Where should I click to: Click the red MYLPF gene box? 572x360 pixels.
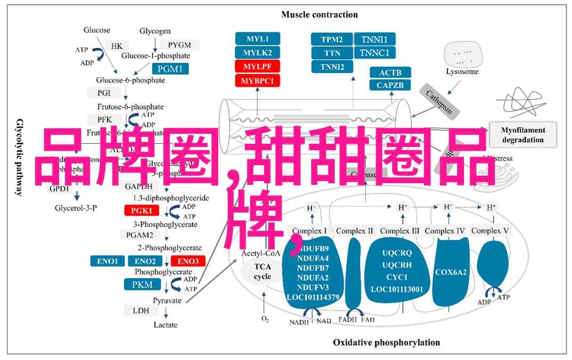tap(257, 67)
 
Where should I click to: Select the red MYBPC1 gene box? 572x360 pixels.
tap(257, 81)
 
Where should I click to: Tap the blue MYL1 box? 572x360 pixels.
tap(257, 39)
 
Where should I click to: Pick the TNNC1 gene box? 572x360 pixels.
tap(375, 53)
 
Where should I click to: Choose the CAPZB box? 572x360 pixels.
tap(390, 85)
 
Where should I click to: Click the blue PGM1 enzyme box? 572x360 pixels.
tap(170, 69)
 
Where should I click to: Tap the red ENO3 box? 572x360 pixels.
tap(188, 261)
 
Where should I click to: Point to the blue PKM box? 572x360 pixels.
tap(142, 285)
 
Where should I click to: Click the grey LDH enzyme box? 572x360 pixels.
tap(142, 310)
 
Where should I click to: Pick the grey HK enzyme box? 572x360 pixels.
tap(117, 46)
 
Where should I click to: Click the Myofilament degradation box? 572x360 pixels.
tap(523, 135)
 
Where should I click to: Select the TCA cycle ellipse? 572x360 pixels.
tap(262, 272)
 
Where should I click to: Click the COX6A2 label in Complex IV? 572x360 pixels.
tap(451, 272)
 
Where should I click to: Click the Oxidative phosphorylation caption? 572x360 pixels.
tap(386, 342)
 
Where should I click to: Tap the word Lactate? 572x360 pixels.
tap(165, 325)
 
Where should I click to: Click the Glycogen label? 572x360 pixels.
tap(155, 31)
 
